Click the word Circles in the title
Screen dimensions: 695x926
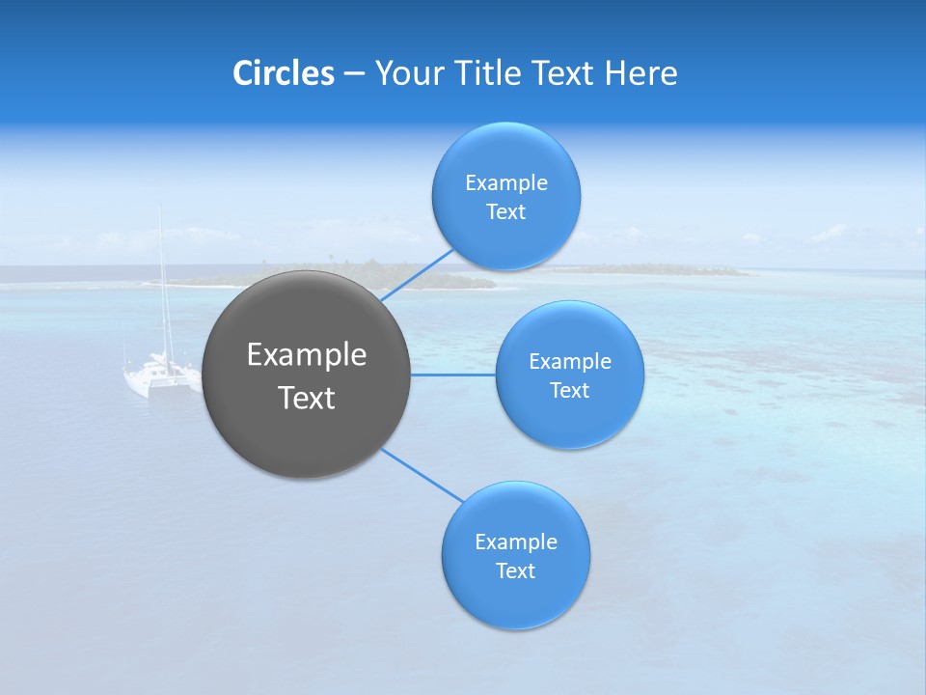[x=284, y=72]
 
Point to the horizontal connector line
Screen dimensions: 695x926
[x=452, y=375]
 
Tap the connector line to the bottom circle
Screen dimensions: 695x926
[x=422, y=475]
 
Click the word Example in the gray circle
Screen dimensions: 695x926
[x=307, y=354]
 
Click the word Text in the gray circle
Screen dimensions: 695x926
[x=307, y=398]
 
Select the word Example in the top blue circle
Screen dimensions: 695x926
[x=506, y=182]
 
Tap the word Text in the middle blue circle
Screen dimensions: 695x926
[x=569, y=390]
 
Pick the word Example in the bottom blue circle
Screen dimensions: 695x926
[x=516, y=542]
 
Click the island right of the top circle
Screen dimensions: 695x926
[x=666, y=269]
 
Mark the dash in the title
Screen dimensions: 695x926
[x=354, y=73]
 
